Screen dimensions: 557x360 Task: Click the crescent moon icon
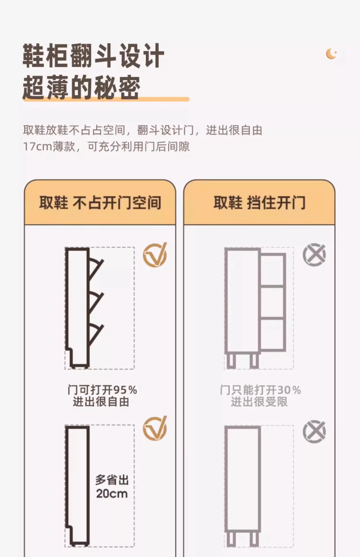tap(331, 54)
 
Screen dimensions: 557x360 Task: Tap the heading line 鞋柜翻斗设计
tap(93, 56)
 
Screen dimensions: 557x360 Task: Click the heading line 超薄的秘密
tap(82, 87)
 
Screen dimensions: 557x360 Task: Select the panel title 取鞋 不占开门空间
tap(100, 203)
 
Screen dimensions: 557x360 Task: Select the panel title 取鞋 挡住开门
tap(259, 203)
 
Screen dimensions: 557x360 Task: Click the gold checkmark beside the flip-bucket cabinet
tap(155, 255)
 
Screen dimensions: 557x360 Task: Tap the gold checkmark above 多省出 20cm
tap(155, 428)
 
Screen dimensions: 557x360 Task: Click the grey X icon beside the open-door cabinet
tap(314, 255)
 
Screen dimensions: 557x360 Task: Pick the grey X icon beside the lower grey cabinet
tap(314, 431)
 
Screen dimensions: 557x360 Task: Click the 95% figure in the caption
tap(125, 390)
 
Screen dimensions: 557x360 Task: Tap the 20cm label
tap(112, 493)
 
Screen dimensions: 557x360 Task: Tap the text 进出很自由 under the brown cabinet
tap(101, 402)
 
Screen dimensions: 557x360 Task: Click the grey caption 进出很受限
tap(259, 402)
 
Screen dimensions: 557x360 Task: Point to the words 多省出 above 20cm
tap(112, 480)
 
